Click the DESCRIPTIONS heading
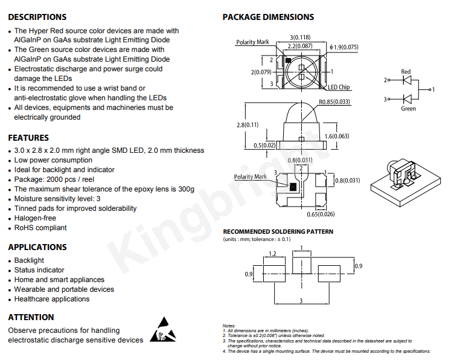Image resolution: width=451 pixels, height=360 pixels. click(x=37, y=17)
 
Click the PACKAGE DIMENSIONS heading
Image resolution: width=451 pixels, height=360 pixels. click(x=268, y=17)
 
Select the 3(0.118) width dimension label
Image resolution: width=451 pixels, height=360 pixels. click(x=300, y=37)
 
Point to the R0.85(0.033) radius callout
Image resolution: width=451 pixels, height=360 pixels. click(x=334, y=101)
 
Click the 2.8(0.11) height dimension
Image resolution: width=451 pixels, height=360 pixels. click(x=248, y=125)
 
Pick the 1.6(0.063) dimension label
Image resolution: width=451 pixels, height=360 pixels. click(x=337, y=136)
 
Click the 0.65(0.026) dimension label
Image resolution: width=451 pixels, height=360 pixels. click(x=321, y=214)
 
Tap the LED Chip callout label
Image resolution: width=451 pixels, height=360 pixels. click(x=339, y=87)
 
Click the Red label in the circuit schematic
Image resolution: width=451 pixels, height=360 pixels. click(x=406, y=71)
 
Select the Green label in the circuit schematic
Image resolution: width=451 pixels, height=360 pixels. click(x=408, y=109)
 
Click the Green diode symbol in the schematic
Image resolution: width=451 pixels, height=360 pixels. click(x=407, y=99)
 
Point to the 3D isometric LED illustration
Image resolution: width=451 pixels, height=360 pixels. click(x=406, y=182)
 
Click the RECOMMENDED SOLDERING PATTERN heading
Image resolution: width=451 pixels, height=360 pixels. click(x=278, y=232)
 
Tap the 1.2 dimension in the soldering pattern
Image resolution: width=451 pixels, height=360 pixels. click(x=272, y=254)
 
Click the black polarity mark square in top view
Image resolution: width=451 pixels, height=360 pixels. click(x=288, y=60)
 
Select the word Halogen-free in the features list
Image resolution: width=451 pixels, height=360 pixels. click(x=35, y=218)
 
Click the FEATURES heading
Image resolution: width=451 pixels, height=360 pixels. click(x=28, y=138)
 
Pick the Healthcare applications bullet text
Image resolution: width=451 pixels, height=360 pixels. click(x=52, y=299)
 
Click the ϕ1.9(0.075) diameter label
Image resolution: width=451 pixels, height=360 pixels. click(x=344, y=47)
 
